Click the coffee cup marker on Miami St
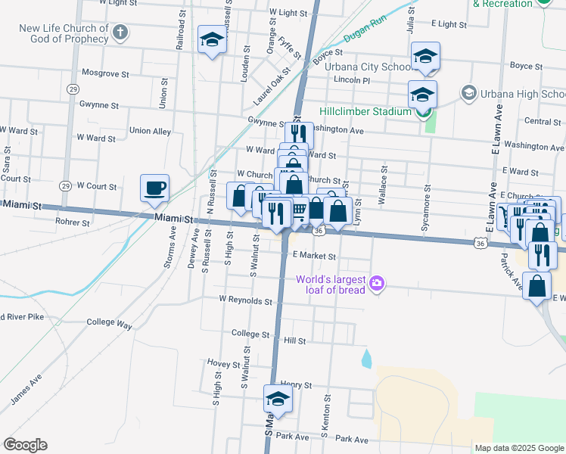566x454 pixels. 155,188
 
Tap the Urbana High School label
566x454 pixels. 523,94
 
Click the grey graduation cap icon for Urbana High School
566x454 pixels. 468,93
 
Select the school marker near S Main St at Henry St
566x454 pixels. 278,400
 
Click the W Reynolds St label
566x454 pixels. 244,300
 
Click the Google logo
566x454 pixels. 25,445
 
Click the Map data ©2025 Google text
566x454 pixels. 519,448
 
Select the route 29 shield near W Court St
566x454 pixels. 65,186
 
